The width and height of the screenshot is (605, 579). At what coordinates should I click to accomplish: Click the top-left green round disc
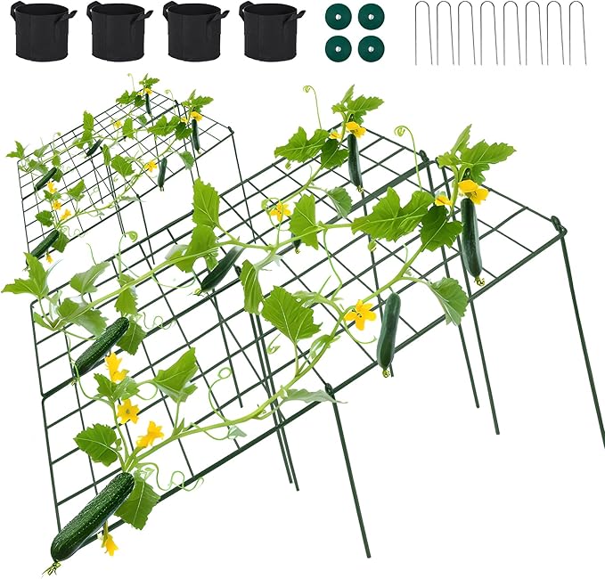point(335,16)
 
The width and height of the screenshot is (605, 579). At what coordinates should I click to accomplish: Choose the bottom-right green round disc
point(368,48)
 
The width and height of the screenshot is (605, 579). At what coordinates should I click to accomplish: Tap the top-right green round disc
point(368,16)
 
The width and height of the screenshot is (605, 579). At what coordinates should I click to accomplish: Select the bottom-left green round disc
point(335,48)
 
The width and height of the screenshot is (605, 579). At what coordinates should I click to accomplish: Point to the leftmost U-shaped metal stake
point(423,34)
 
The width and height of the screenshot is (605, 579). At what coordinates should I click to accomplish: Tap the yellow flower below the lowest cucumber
point(109,542)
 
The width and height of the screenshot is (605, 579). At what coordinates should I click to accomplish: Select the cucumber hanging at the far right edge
point(470,238)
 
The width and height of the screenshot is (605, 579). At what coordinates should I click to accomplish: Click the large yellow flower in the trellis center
point(361,314)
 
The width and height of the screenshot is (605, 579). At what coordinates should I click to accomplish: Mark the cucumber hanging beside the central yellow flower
point(388,331)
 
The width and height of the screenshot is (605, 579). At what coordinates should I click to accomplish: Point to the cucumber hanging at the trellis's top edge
point(355,160)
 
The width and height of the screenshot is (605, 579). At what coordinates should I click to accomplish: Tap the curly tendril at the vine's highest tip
point(312,92)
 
